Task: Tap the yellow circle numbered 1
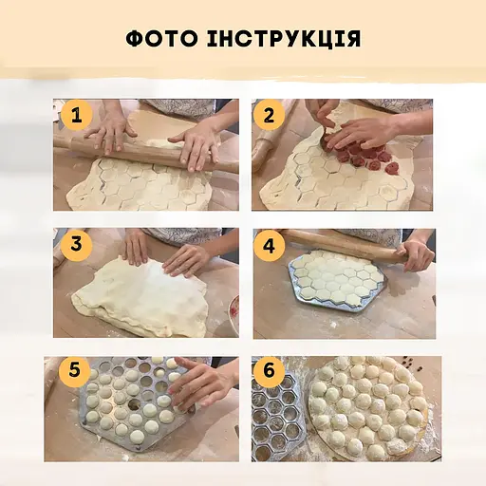click(76, 117)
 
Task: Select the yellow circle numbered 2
click(270, 116)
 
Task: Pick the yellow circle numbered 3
click(76, 244)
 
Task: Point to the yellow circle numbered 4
click(271, 244)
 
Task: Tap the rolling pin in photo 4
click(342, 241)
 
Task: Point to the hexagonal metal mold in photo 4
click(337, 282)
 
